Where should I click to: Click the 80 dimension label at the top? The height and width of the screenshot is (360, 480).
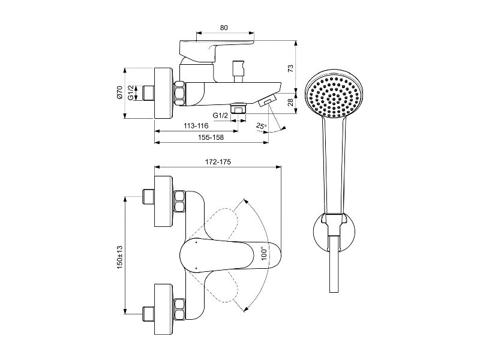point(224,28)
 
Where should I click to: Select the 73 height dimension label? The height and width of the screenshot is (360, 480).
point(290,68)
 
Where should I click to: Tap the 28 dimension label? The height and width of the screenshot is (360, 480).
point(290,101)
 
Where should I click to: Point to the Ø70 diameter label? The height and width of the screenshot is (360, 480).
point(119,92)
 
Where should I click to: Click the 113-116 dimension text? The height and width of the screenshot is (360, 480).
point(196,126)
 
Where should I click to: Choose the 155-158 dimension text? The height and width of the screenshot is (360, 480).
point(211,137)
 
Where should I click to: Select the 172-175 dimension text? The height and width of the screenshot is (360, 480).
point(218,161)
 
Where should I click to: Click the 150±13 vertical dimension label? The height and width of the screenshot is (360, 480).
point(119,257)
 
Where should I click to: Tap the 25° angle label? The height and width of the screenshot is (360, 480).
point(262,125)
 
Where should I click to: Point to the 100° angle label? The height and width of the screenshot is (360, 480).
point(265,253)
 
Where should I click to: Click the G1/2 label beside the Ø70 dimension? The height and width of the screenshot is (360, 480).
point(131,93)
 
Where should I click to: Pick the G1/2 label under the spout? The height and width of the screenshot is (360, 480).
point(220,115)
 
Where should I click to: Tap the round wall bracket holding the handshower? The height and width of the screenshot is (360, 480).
point(335,233)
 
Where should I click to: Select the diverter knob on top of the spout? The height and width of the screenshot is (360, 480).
point(238,71)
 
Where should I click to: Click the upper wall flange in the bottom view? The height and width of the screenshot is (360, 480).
point(164,202)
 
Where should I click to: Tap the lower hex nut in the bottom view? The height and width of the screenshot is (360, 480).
point(179,308)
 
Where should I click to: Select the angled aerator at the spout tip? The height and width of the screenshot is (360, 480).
point(267,100)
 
